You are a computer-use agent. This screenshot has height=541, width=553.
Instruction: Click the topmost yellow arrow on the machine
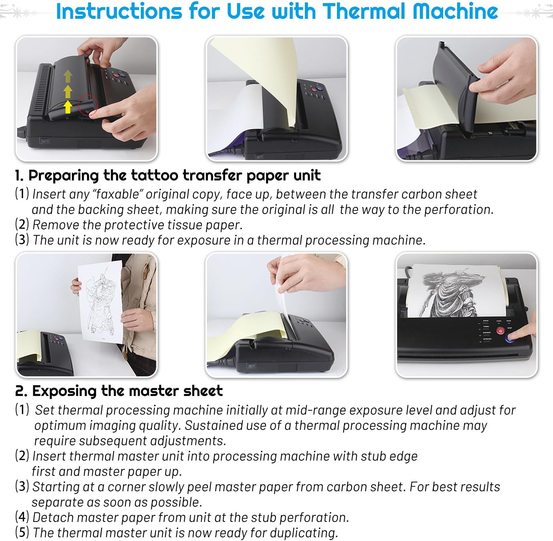click(68, 76)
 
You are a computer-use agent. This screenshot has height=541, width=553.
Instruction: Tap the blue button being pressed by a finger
click(511, 337)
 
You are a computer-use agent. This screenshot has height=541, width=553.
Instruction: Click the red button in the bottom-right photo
click(500, 331)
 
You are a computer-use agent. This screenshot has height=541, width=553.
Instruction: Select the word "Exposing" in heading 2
click(65, 391)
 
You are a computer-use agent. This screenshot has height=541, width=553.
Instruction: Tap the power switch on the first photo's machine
click(46, 141)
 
